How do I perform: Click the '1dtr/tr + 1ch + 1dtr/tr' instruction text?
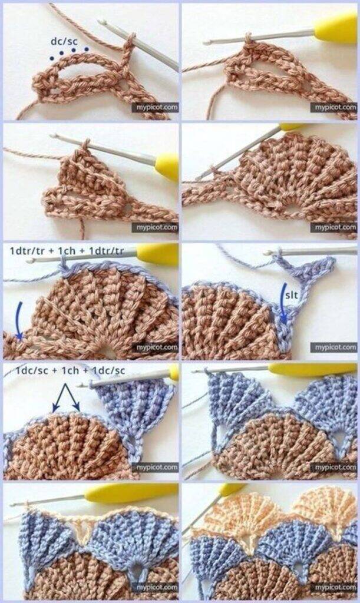tap(67, 251)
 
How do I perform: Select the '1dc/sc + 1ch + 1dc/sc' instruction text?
tap(70, 370)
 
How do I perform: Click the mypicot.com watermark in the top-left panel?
tap(156, 107)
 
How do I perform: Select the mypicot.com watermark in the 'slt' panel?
tap(333, 347)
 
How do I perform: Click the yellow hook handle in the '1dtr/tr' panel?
tap(157, 254)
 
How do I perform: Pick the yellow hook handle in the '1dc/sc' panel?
tap(173, 372)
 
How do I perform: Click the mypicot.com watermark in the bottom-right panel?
tap(333, 587)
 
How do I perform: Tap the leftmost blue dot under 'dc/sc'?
tap(51, 58)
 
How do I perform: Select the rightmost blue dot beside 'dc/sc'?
tap(87, 49)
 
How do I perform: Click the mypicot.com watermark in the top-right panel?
tap(333, 107)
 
